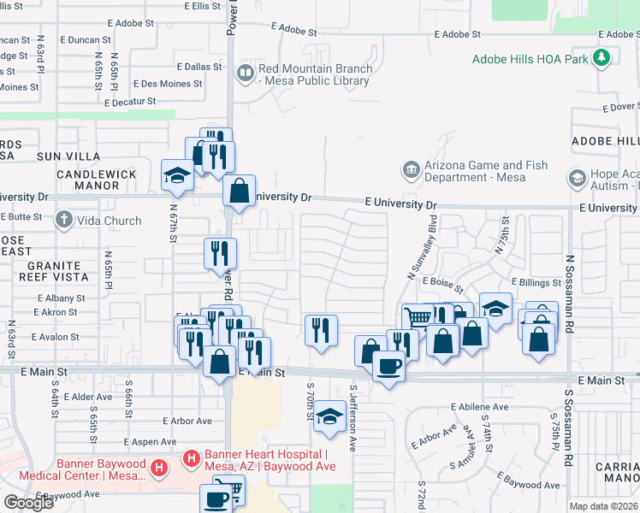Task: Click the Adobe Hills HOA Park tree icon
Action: tap(603, 58)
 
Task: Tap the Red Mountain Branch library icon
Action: tap(246, 74)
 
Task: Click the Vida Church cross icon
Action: tap(63, 221)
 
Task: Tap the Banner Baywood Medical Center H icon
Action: tap(158, 469)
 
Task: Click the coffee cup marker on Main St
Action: tap(388, 366)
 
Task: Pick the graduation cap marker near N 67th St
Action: tap(177, 176)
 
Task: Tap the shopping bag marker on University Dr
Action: tap(240, 191)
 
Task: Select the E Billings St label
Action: tap(535, 281)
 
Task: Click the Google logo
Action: tap(28, 503)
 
